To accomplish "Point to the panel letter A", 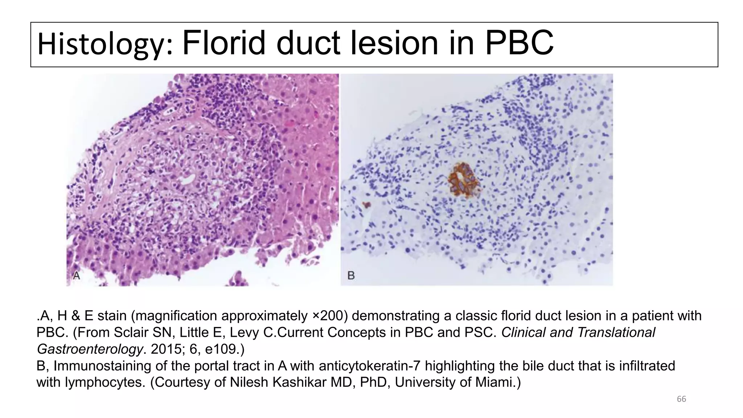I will point(77,276).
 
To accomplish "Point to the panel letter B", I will point(351,276).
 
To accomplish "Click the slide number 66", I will point(681,399).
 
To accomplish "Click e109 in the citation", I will point(219,349).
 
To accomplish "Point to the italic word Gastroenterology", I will point(89,349).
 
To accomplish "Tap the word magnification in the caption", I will point(176,316).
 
